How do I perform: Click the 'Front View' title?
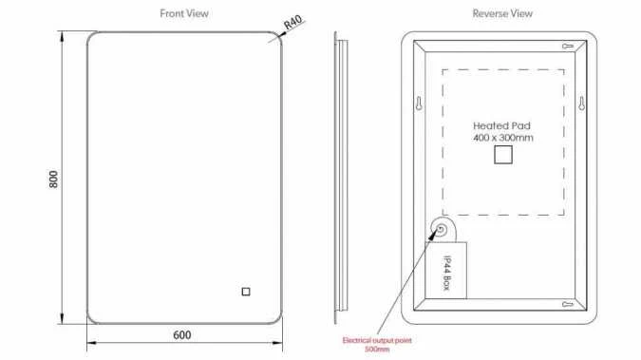[184, 13]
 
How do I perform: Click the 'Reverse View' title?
[501, 13]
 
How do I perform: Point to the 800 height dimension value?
[54, 179]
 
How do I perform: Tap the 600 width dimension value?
[183, 334]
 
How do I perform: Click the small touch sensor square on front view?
[245, 293]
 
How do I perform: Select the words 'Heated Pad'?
[501, 124]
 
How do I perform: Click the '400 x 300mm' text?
[502, 138]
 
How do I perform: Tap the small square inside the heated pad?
[502, 156]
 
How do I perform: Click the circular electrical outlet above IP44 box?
[442, 228]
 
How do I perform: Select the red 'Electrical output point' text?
[377, 340]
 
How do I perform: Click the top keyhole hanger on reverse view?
[568, 45]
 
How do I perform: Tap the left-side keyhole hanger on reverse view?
[418, 103]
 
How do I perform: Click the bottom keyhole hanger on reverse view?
[568, 305]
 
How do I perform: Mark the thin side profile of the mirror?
[340, 179]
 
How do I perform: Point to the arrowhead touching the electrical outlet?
[436, 235]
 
